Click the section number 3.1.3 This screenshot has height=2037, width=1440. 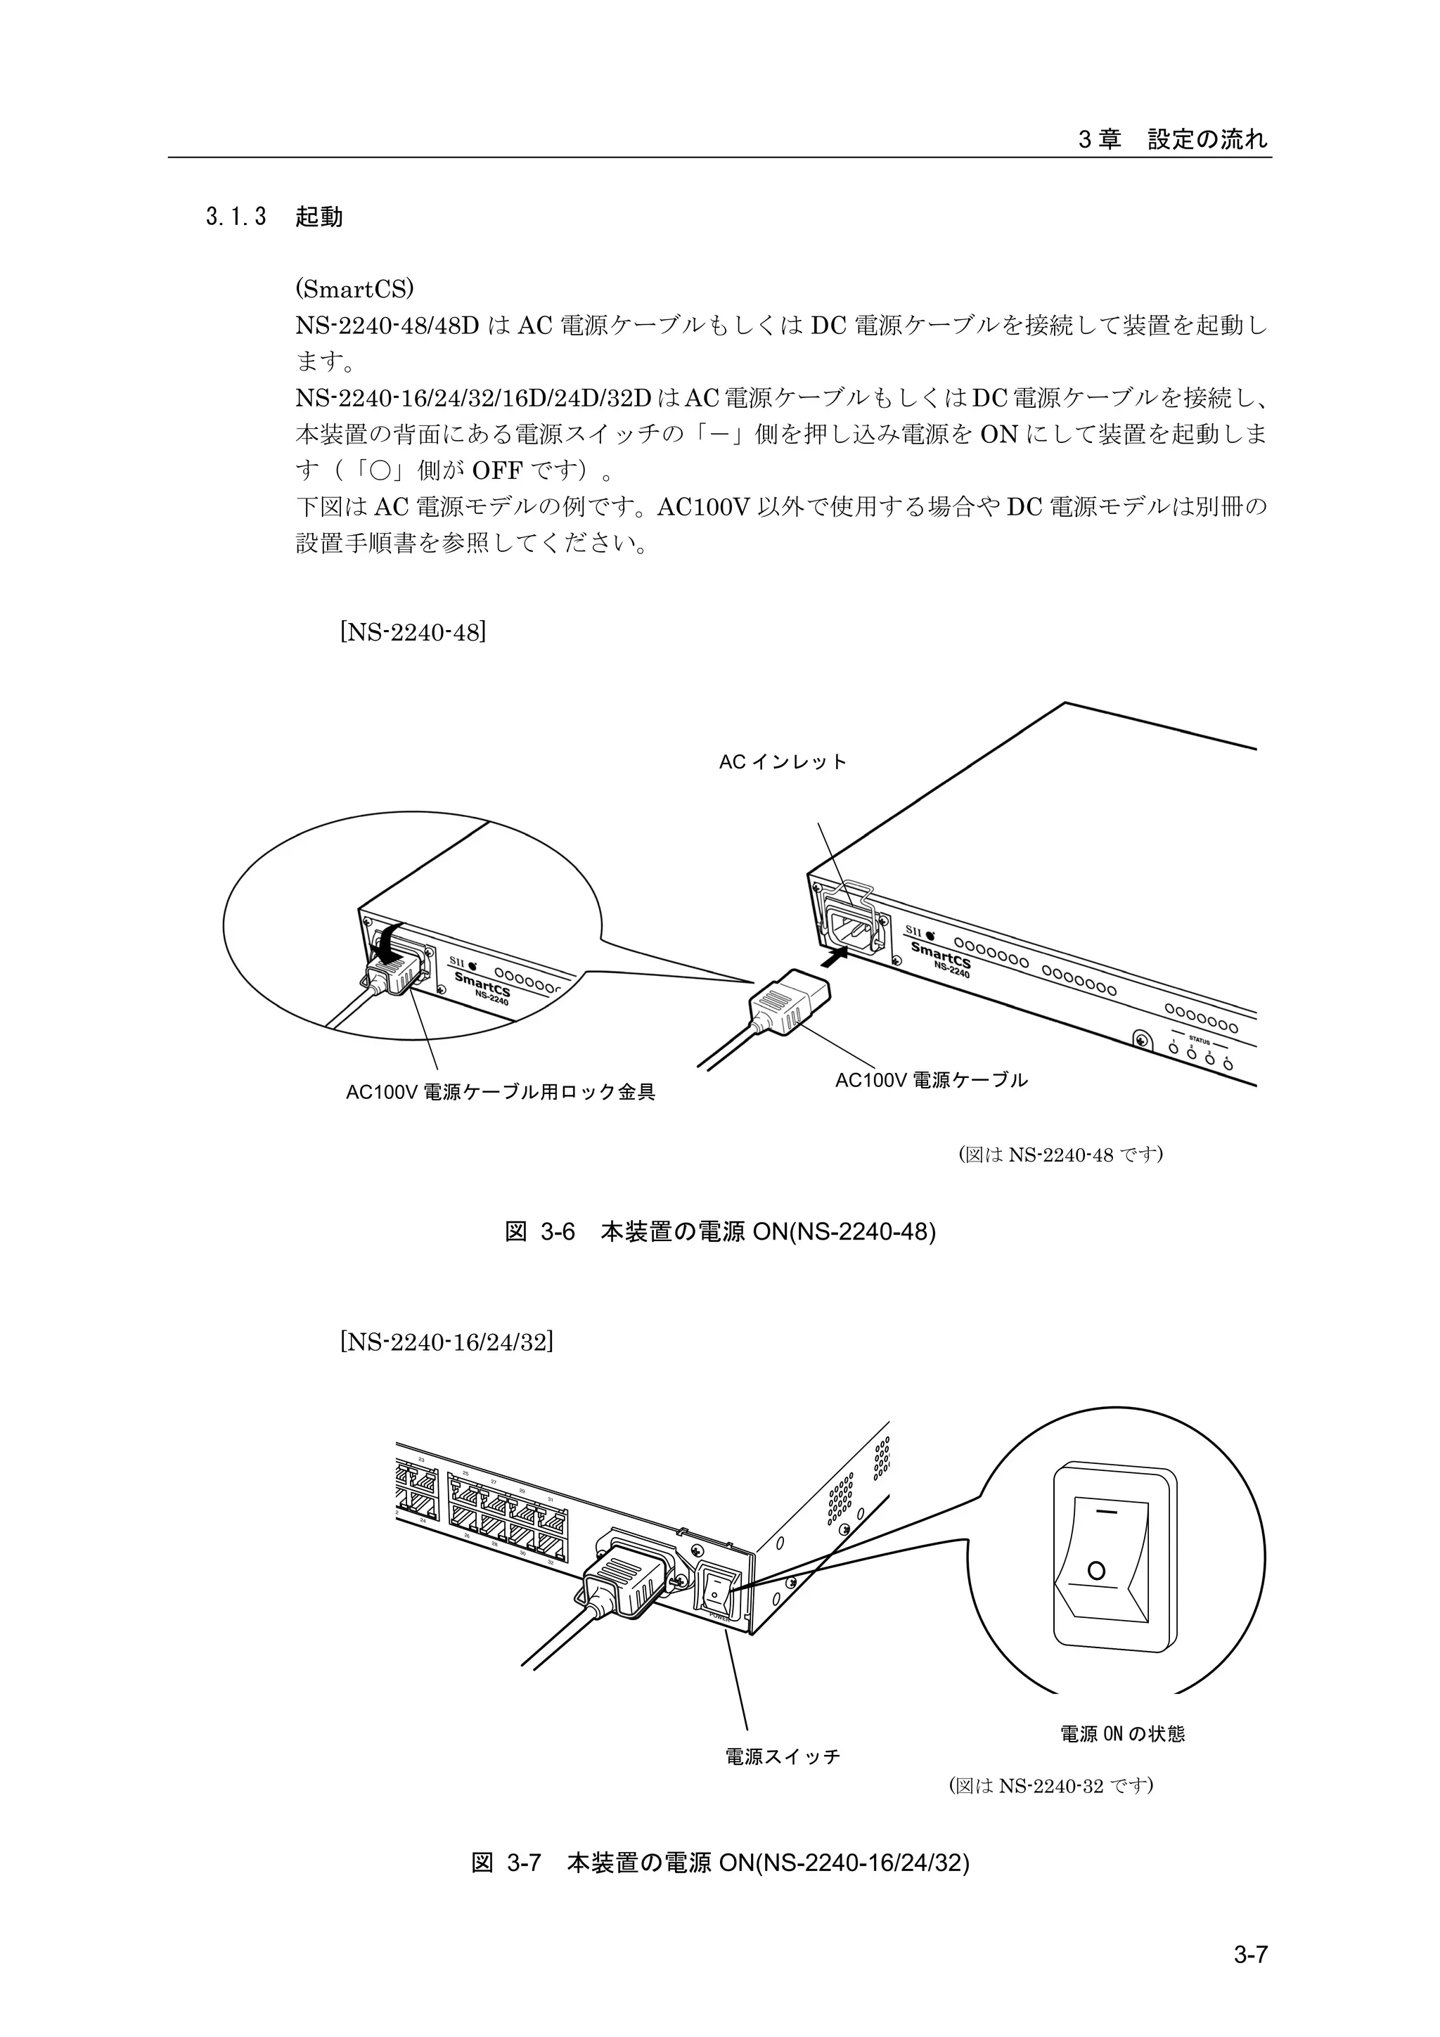point(236,217)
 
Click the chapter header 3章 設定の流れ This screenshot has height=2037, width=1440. point(1173,139)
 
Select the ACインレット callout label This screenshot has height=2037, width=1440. point(783,762)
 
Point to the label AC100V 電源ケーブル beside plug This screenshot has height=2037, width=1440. point(931,1080)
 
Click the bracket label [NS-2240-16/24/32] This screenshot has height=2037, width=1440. point(446,1341)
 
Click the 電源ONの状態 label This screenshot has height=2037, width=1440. point(1122,1733)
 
